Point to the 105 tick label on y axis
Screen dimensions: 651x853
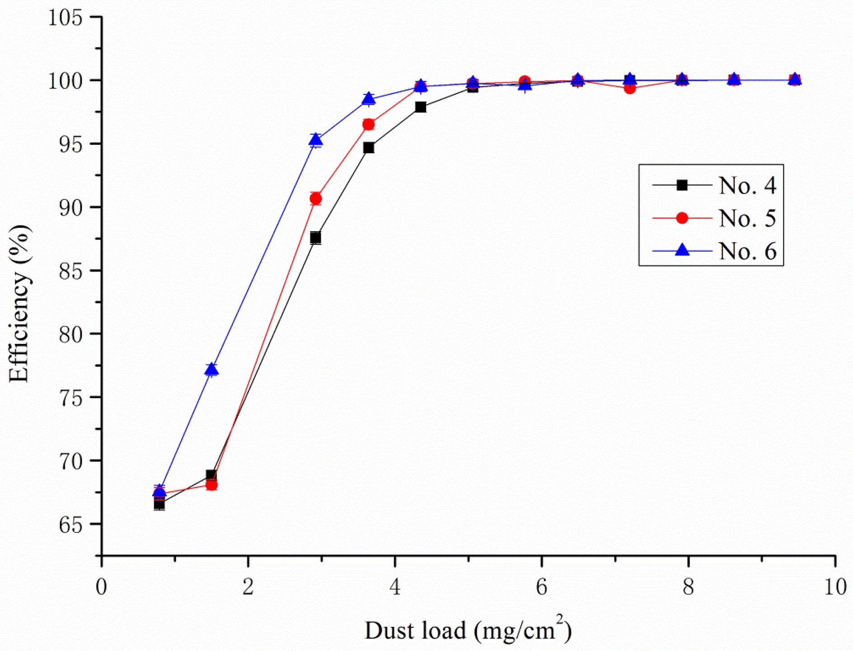[66, 18]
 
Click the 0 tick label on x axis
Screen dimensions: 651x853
[101, 587]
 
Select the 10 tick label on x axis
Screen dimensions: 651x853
[835, 587]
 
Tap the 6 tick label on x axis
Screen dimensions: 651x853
[541, 587]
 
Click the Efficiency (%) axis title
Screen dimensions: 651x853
[19, 303]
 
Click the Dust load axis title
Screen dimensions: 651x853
[468, 630]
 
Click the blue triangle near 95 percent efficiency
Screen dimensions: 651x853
[316, 139]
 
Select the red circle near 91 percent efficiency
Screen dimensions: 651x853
[316, 199]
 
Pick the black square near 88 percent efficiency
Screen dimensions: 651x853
[316, 238]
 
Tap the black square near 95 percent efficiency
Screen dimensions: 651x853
[369, 148]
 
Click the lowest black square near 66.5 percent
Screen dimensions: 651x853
[159, 504]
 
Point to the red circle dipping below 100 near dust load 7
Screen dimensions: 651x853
[629, 88]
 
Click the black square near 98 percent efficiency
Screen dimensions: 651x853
[421, 107]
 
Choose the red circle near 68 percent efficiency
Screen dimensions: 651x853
[211, 485]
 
